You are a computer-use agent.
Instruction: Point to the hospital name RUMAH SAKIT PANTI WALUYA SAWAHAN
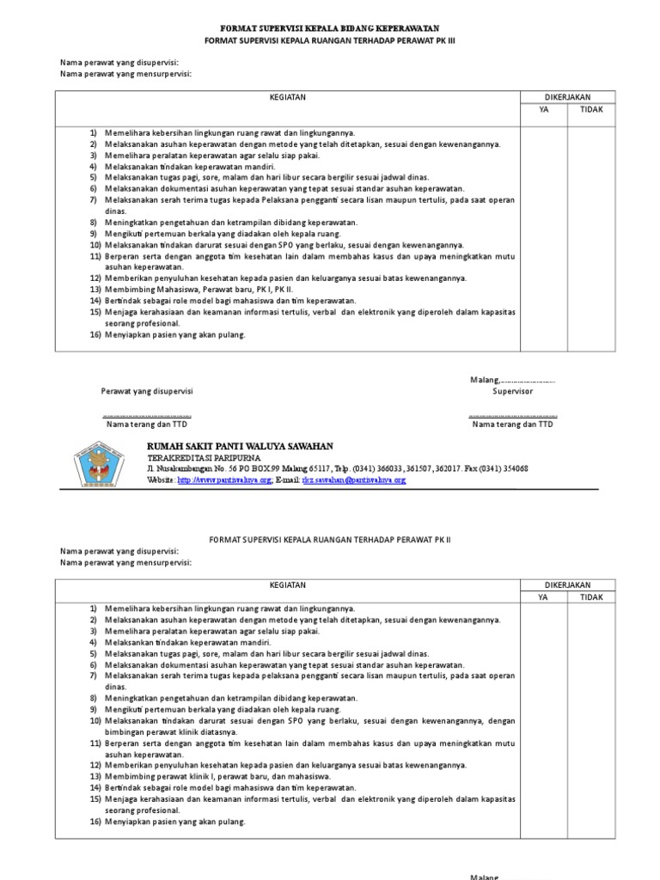pyautogui.click(x=240, y=447)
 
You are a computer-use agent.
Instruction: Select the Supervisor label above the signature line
pyautogui.click(x=512, y=391)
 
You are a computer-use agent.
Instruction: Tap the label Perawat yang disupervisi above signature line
pyautogui.click(x=147, y=391)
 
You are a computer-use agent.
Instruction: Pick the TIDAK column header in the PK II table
pyautogui.click(x=591, y=596)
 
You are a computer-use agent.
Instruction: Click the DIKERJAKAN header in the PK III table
pyautogui.click(x=567, y=97)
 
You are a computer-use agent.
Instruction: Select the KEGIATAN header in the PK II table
pyautogui.click(x=288, y=584)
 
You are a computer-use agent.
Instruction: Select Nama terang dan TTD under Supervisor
pyautogui.click(x=512, y=425)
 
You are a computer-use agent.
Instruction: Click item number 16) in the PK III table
pyautogui.click(x=95, y=334)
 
